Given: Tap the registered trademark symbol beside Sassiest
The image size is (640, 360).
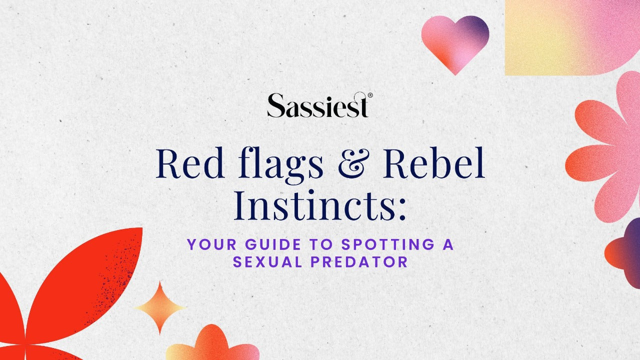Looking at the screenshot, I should (x=370, y=95).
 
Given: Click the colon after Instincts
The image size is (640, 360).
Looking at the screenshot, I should (x=400, y=210).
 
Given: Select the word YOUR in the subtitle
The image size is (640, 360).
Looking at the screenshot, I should (x=206, y=245).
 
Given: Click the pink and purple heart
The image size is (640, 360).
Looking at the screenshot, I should (x=454, y=42).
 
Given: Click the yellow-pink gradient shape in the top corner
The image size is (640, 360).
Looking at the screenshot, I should (x=570, y=35).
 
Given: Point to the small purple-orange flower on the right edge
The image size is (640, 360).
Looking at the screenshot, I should (x=625, y=252).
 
